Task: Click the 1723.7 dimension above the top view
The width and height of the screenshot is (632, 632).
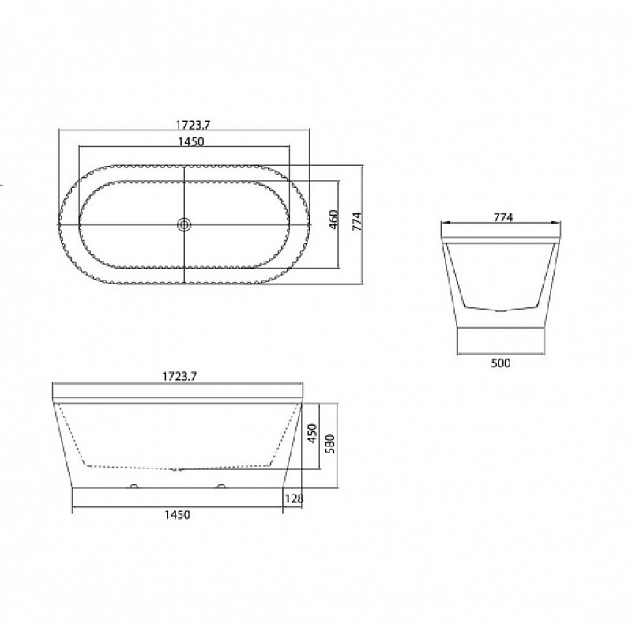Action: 193,125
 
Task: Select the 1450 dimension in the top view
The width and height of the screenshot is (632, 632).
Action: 191,141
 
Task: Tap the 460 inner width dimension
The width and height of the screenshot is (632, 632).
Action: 334,220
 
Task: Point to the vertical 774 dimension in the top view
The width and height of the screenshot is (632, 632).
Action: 358,221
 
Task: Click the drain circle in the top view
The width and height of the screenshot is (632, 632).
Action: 184,224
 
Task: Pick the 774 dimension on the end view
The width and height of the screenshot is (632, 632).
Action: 503,218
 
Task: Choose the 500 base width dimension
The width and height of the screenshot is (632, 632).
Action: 501,363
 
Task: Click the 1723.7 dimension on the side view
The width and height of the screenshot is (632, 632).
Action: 179,377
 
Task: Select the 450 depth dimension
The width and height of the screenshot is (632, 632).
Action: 313,433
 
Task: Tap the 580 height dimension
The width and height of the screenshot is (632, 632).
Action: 330,444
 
